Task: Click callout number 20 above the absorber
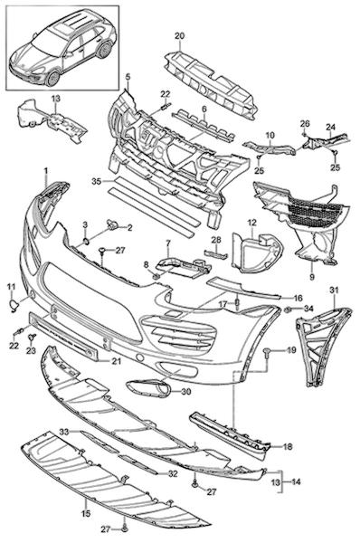[180, 35]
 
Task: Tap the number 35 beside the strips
[97, 181]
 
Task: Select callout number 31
[335, 291]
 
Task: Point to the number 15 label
[86, 512]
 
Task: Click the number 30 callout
[186, 392]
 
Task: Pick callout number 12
[252, 223]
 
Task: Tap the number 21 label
[117, 361]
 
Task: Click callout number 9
[312, 277]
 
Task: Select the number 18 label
[288, 447]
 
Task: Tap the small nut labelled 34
[288, 310]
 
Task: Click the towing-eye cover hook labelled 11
[14, 306]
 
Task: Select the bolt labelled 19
[268, 353]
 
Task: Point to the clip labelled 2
[112, 225]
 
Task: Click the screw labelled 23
[33, 337]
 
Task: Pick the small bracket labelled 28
[216, 254]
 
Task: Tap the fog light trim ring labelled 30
[148, 387]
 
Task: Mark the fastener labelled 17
[237, 304]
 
